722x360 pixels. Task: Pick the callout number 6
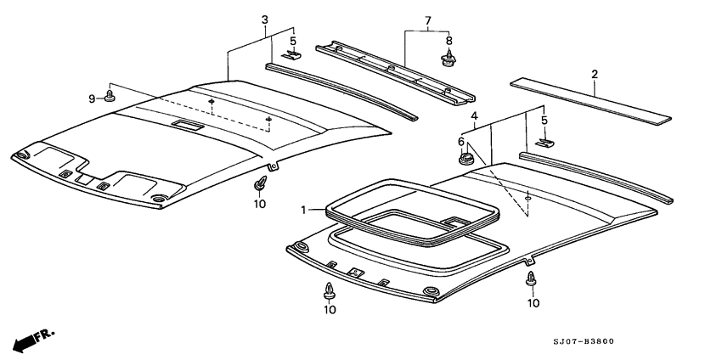pos(461,141)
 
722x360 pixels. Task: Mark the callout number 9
pos(93,98)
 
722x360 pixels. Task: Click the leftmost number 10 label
pos(259,205)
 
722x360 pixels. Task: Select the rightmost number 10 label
pos(533,303)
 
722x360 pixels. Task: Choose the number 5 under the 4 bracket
pos(544,120)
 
